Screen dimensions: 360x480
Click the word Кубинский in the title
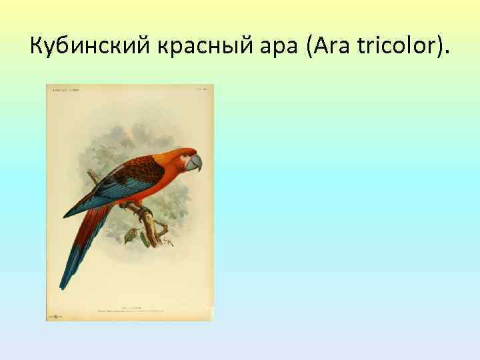(82, 47)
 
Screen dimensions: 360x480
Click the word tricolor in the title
(393, 47)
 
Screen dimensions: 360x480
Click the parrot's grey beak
(195, 163)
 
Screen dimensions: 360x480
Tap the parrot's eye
(187, 157)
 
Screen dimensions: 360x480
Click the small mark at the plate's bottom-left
(53, 314)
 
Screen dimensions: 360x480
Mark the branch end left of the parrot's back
(90, 174)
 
